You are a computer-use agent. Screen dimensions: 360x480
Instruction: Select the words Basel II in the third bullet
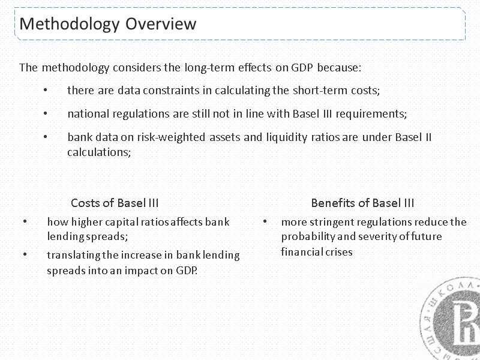[413, 137]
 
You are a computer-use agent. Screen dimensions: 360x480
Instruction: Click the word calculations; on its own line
[98, 152]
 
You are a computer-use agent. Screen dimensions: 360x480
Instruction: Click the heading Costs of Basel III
[115, 202]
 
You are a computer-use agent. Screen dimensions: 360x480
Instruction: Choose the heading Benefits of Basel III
[362, 202]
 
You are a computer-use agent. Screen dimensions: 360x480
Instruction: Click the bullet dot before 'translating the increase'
[25, 255]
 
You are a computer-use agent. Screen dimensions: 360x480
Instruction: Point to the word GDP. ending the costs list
[188, 270]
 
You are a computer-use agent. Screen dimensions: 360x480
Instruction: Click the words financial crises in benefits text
[316, 251]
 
